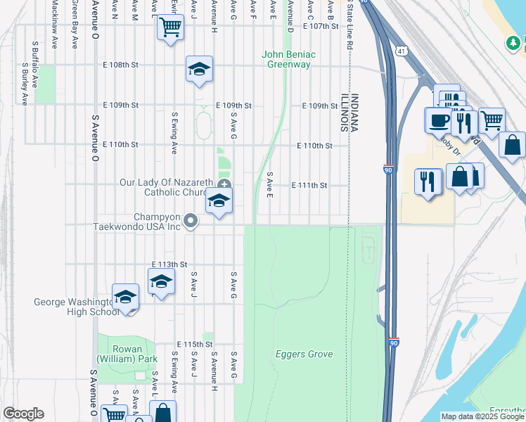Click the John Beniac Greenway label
tap(286, 59)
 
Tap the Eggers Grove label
tap(304, 354)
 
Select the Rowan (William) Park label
tap(127, 354)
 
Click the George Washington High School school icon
tap(125, 298)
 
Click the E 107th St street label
tap(321, 25)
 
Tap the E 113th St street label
tap(169, 264)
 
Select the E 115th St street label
tap(195, 344)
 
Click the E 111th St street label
tap(309, 186)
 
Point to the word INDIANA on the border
tap(355, 113)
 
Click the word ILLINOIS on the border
tap(345, 113)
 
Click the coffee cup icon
tap(438, 119)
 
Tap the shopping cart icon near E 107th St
tap(170, 28)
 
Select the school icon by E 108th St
tap(199, 69)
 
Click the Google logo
tap(23, 414)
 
